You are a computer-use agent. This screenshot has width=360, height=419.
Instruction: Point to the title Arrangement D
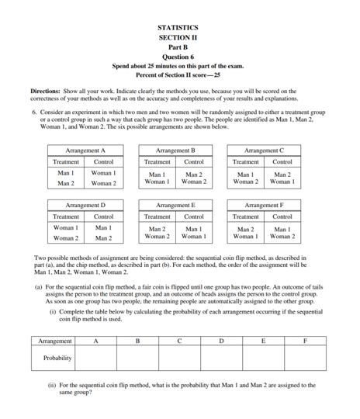[85, 205]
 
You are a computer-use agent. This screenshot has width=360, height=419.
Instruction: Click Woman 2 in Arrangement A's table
[103, 183]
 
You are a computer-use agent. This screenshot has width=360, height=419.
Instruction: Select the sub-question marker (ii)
[53, 384]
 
